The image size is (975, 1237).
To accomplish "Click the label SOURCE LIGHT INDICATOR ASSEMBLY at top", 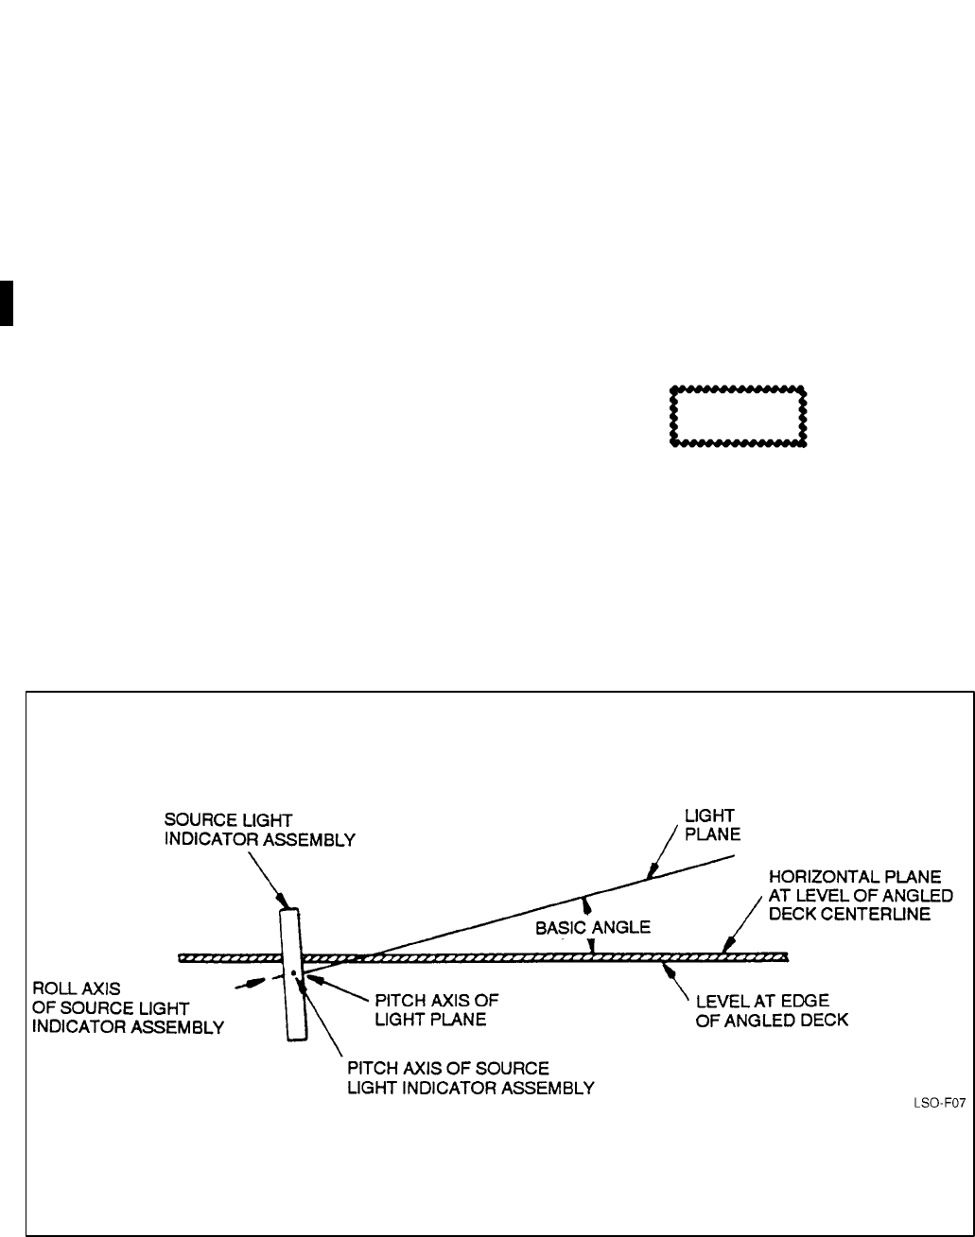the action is click(x=260, y=832).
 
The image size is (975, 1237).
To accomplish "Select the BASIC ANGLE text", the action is click(x=593, y=927).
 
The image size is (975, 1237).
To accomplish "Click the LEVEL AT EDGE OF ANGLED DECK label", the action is click(x=772, y=1011).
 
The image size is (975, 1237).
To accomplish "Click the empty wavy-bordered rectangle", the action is click(x=738, y=416).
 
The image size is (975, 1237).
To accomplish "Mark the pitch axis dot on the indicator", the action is click(x=294, y=971).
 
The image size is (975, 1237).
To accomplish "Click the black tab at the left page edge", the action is click(x=6, y=302).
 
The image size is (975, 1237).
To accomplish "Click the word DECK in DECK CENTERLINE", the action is click(x=792, y=915).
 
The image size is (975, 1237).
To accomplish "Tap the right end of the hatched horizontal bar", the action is click(x=786, y=956).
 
